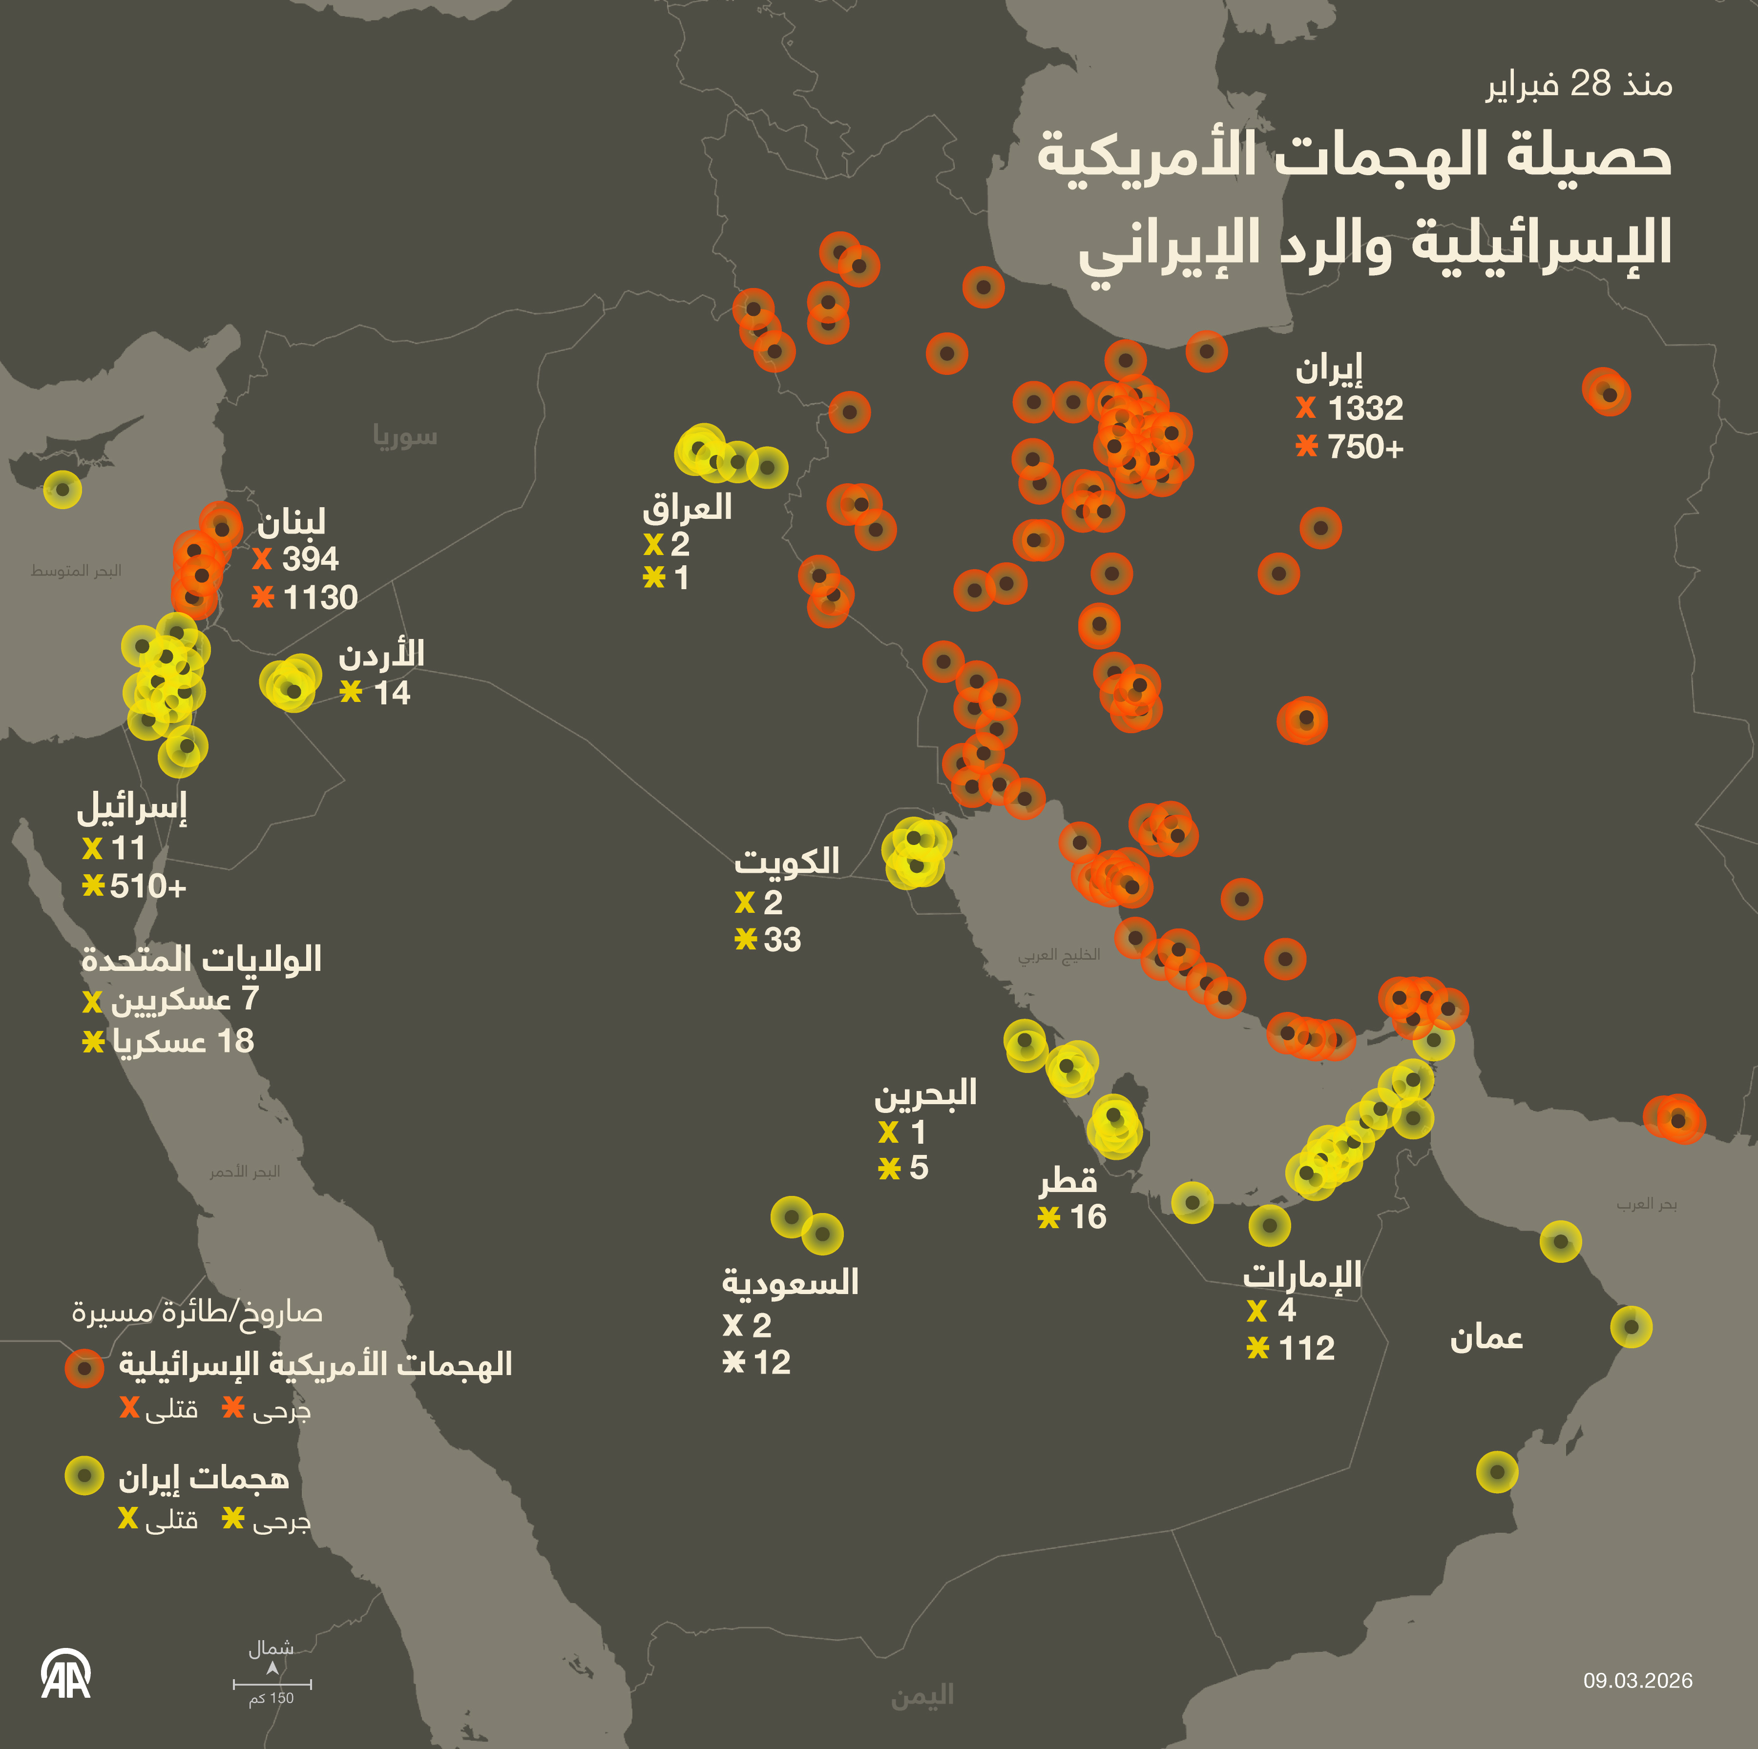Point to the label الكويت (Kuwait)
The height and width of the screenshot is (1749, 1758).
787,861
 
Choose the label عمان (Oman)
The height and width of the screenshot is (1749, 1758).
1486,1338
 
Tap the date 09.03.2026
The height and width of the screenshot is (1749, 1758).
1638,1681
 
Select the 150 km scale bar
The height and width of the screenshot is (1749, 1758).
272,1684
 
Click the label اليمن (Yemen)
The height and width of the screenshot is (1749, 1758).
922,1695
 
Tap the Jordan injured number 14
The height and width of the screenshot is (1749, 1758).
392,693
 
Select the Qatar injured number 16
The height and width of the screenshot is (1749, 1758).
1088,1217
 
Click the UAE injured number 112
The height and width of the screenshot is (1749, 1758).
1307,1348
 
